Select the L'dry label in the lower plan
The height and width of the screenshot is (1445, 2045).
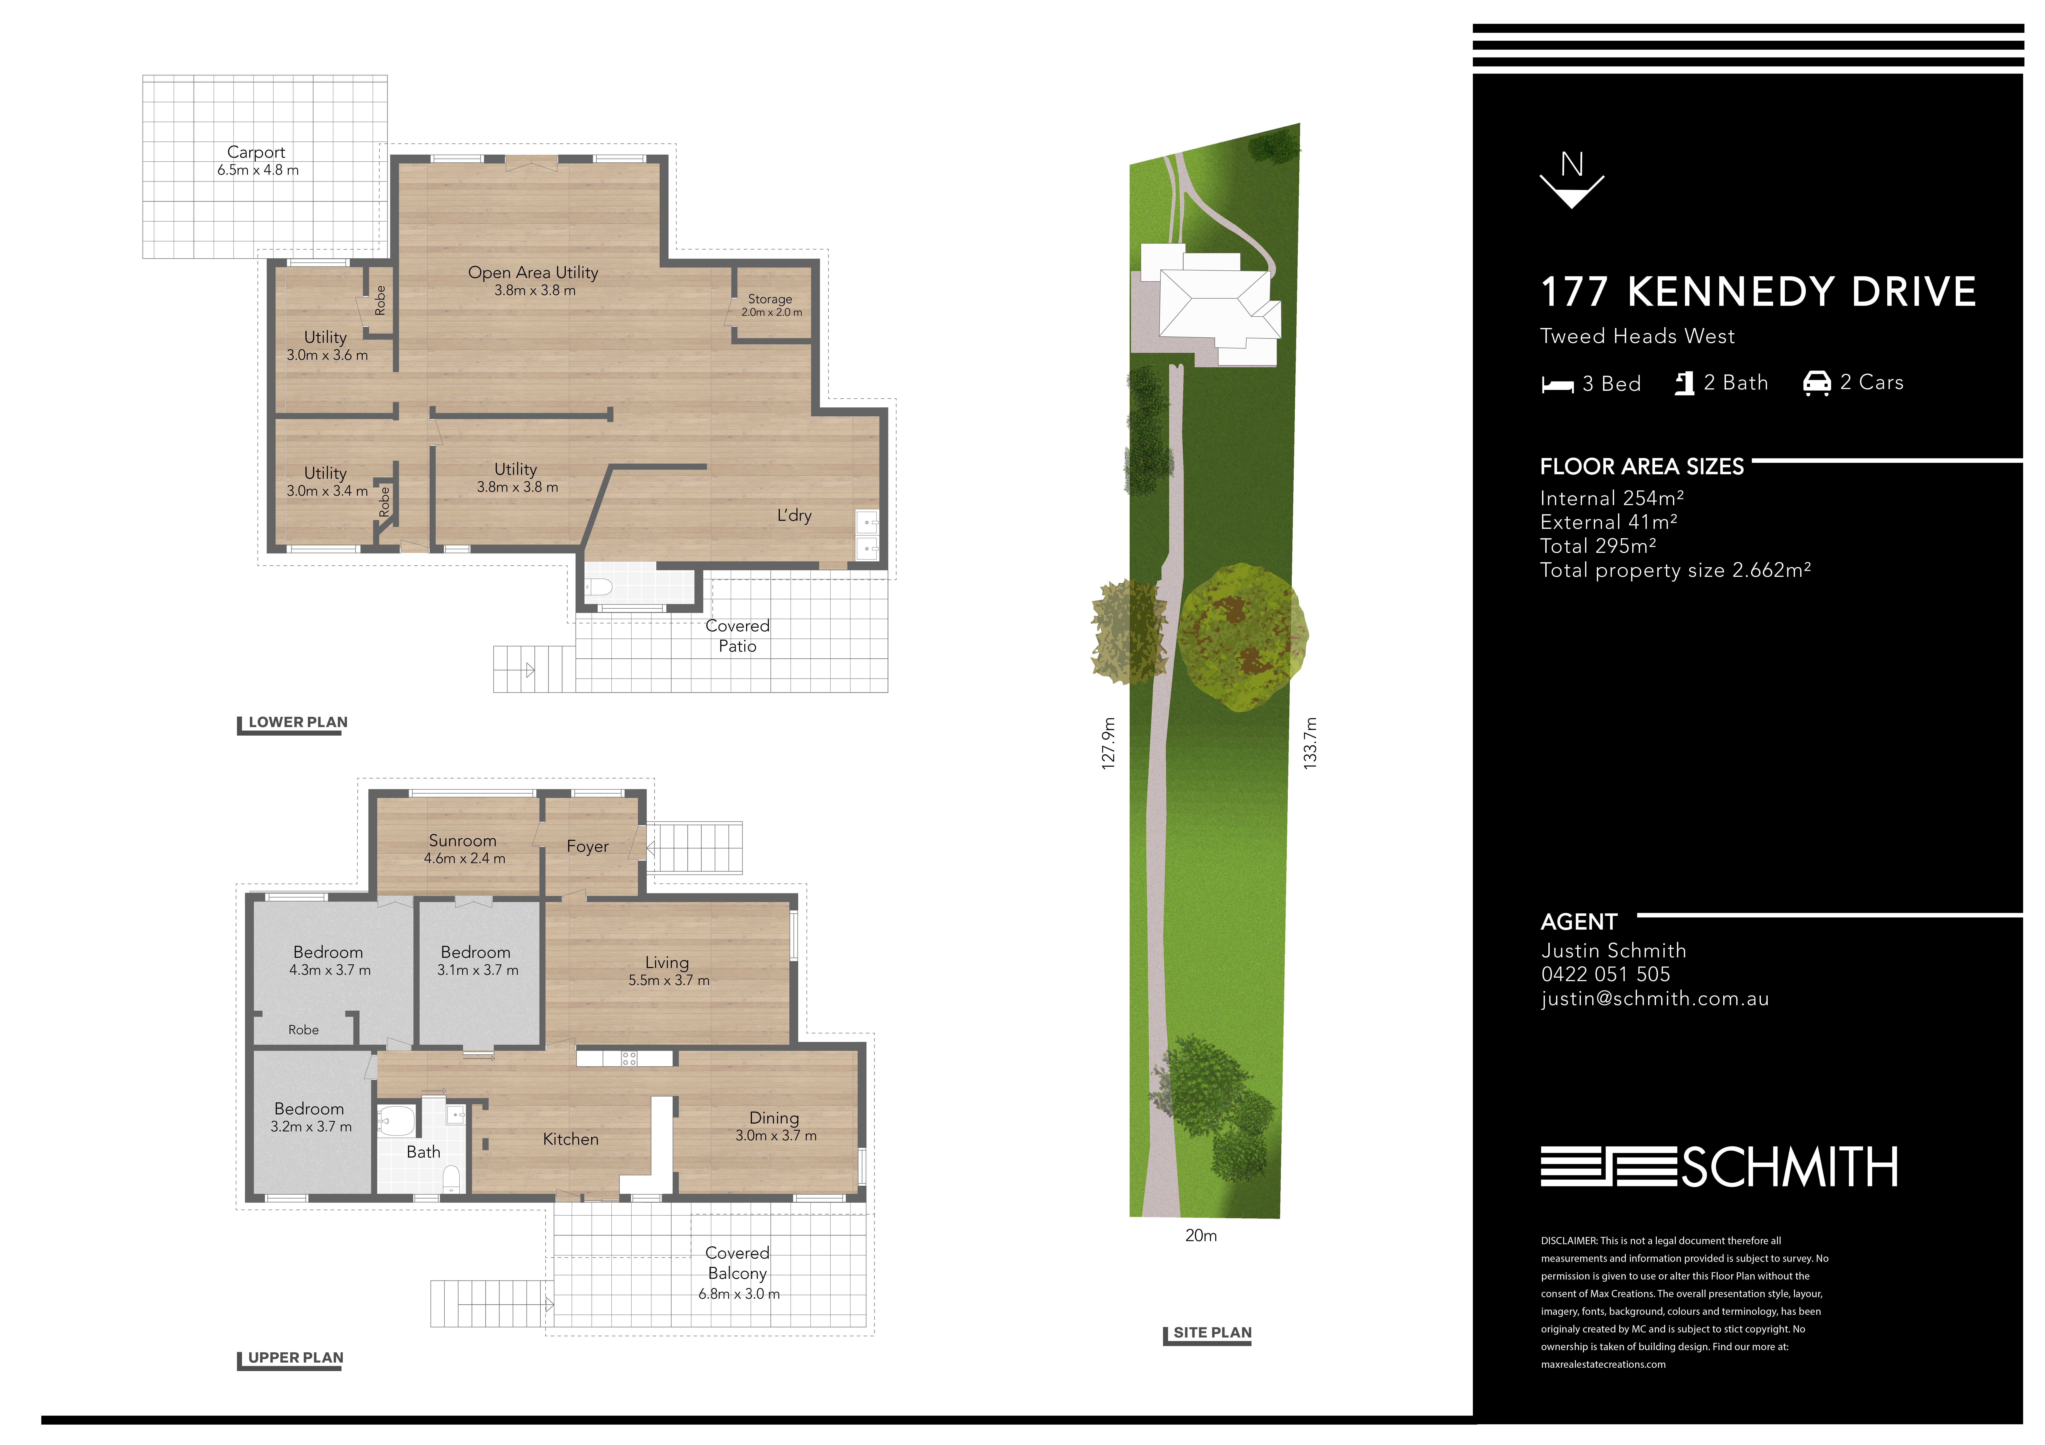(794, 516)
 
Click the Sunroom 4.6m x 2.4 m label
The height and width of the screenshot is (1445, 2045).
(463, 849)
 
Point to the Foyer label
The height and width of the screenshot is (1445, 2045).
(588, 847)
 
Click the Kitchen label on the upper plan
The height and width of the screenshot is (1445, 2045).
(571, 1140)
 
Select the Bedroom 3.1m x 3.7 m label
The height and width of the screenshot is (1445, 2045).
(477, 961)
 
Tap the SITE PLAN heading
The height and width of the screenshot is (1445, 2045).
(1212, 1333)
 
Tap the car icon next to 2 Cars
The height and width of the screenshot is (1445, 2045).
(1816, 383)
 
